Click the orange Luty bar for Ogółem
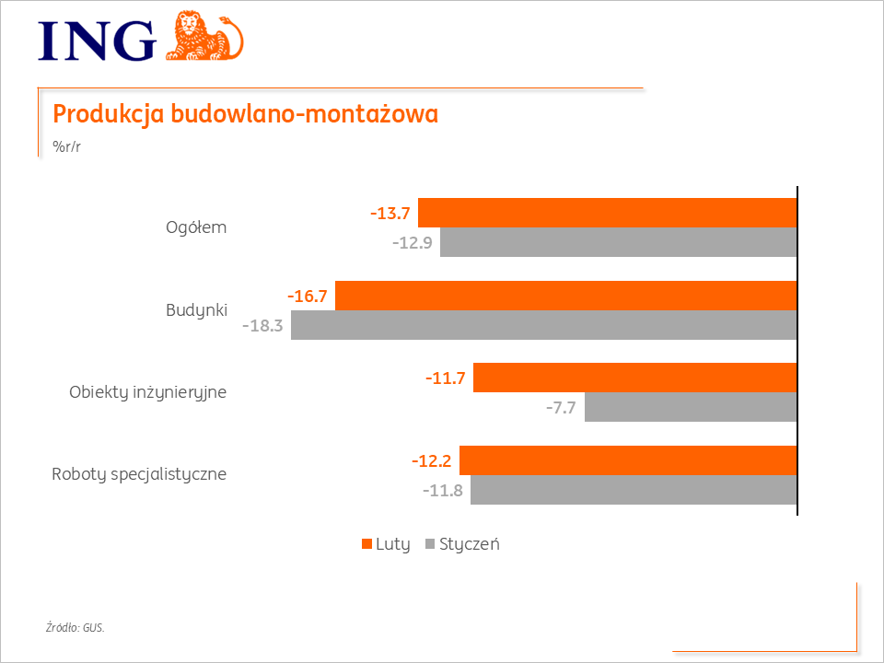[608, 213]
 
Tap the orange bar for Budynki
[565, 296]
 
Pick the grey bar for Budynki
[543, 325]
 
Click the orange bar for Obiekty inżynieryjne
[635, 378]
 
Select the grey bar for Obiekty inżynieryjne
[691, 407]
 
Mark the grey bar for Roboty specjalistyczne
[634, 490]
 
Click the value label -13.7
[390, 214]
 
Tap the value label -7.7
[560, 408]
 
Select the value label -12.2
[431, 461]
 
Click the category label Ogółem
[195, 227]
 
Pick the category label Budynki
[196, 309]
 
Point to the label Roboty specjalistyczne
[139, 475]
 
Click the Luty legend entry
[385, 543]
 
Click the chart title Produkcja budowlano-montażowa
[245, 114]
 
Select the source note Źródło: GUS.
[76, 628]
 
